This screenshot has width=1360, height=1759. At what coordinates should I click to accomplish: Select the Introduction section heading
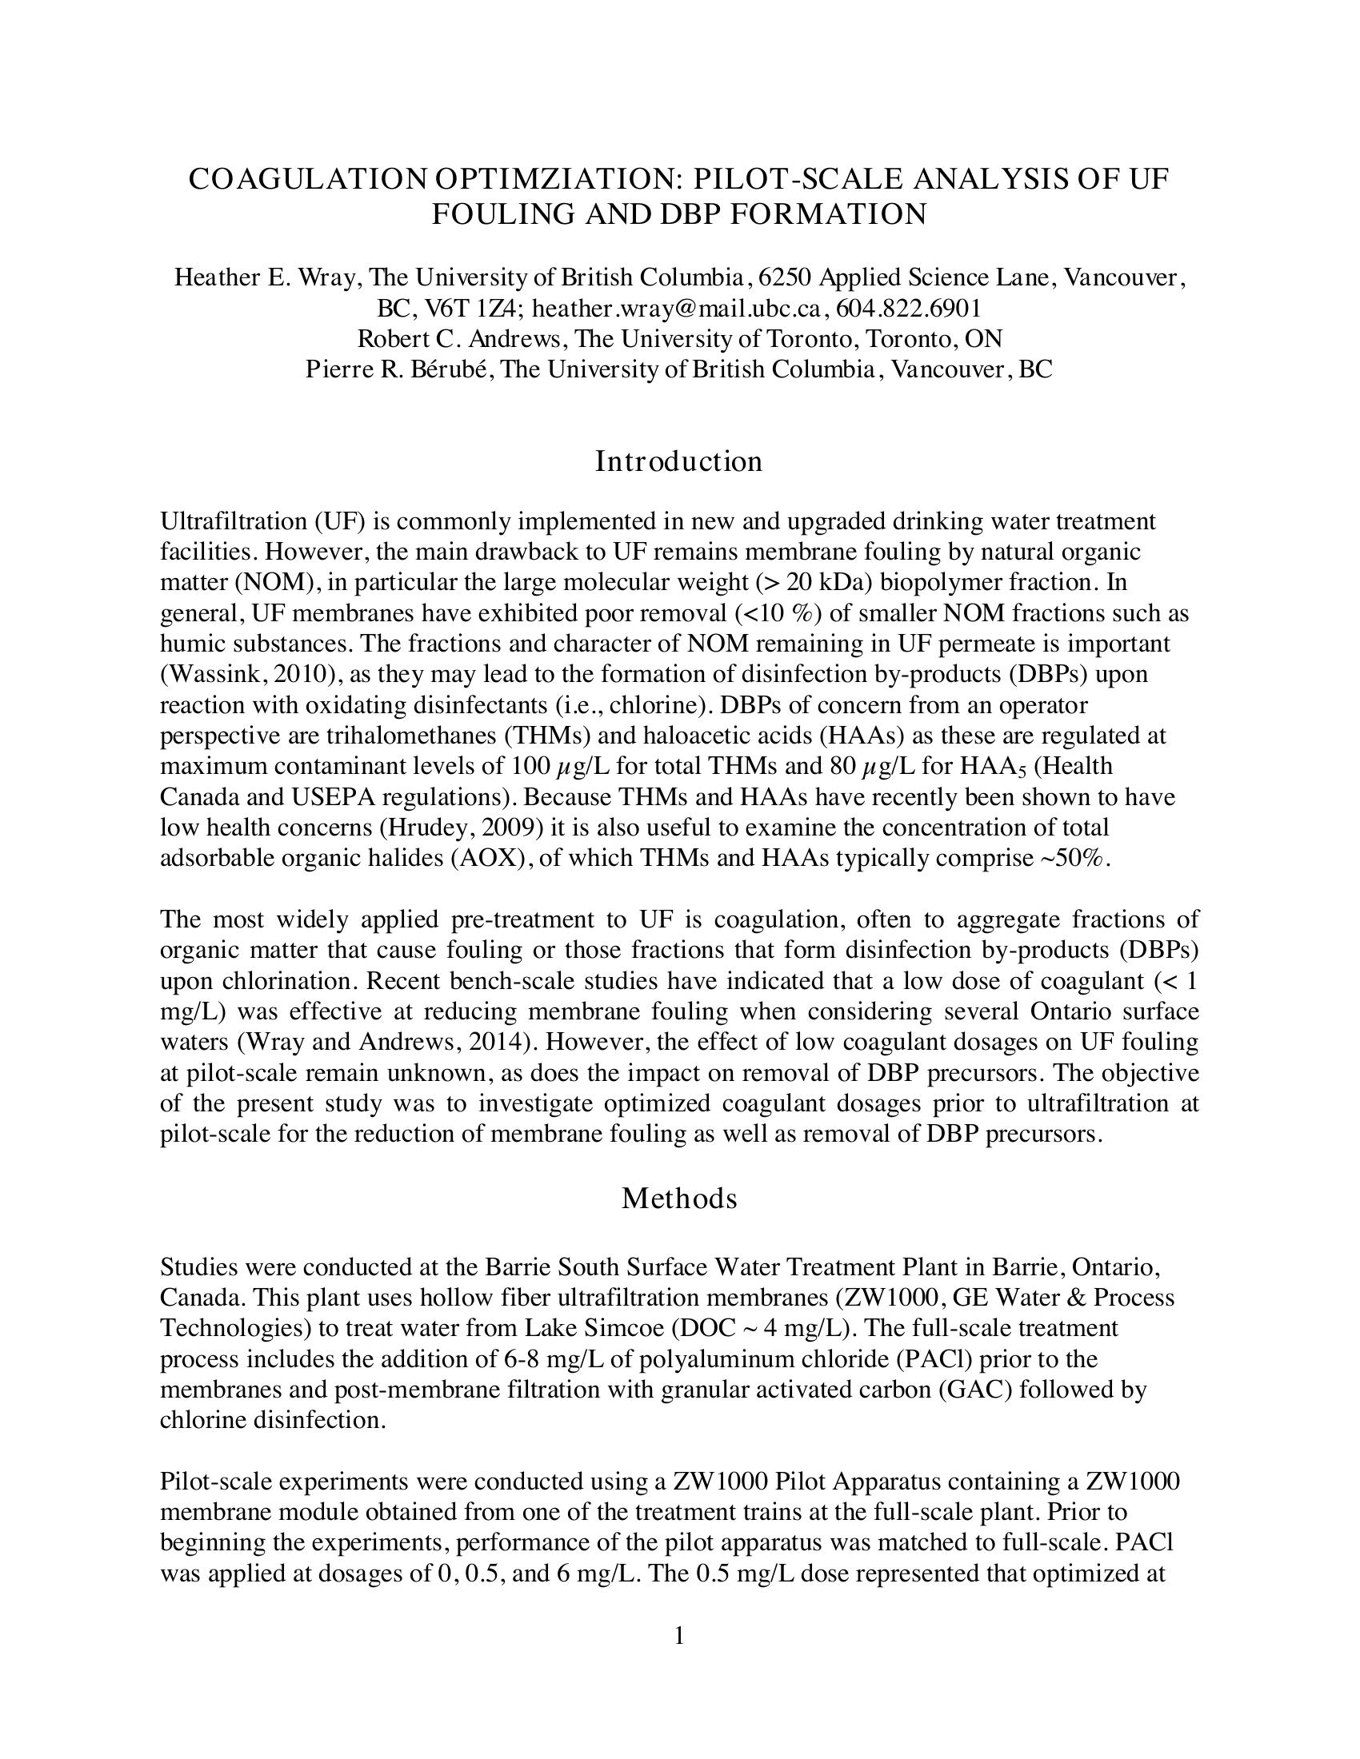tap(678, 461)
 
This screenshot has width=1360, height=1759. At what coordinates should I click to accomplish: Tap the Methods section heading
tap(678, 1199)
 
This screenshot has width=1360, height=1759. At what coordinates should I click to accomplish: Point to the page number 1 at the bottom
tap(679, 1635)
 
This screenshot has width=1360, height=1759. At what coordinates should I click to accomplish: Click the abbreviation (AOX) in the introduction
tap(484, 858)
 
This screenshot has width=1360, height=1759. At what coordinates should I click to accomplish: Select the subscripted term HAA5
tap(991, 766)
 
